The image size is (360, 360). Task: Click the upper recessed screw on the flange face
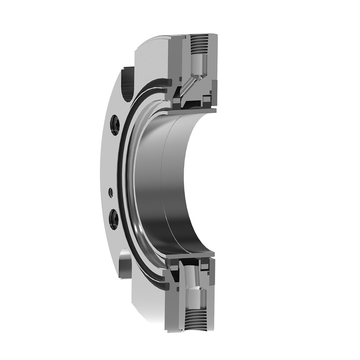(115, 125)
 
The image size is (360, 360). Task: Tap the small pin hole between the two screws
(111, 193)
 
